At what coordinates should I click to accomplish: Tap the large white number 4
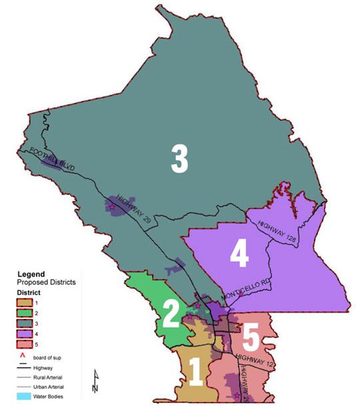pos(240,255)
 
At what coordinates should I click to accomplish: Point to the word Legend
pos(31,274)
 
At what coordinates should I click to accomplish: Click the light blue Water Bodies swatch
pos(25,396)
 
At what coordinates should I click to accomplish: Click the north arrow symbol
pos(95,381)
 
